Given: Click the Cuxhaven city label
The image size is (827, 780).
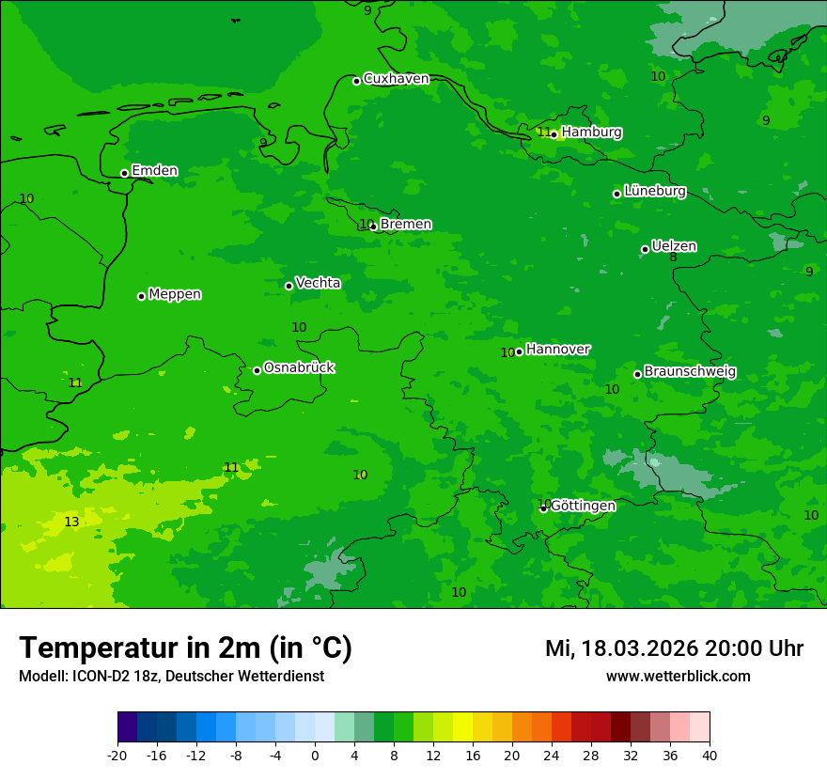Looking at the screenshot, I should [x=396, y=79].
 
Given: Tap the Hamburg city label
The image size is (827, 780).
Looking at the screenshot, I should [x=591, y=133].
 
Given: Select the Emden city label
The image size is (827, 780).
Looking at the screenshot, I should [x=154, y=171].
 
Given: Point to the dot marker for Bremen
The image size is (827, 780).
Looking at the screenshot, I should [x=373, y=226].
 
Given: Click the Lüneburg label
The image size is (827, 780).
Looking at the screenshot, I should [x=654, y=191].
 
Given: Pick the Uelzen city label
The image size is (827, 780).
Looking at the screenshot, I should [x=674, y=246].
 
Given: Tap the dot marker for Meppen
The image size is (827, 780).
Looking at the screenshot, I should [x=141, y=296].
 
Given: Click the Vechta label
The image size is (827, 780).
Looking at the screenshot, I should [x=318, y=283].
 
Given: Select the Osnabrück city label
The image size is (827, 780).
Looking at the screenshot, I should [x=299, y=367].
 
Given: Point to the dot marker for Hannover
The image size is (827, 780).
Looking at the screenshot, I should [x=519, y=352].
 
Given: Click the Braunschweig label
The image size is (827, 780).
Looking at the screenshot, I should [x=690, y=371].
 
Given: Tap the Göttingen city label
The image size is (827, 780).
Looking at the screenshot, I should [x=583, y=506].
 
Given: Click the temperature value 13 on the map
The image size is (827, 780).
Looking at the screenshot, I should [x=71, y=523].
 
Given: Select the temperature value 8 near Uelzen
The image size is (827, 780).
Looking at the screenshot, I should [x=673, y=257].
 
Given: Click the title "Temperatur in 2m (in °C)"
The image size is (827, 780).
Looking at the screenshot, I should [x=185, y=648].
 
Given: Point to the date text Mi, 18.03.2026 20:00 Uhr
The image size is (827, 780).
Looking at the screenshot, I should [x=674, y=648].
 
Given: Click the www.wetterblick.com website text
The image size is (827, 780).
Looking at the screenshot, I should [x=678, y=677].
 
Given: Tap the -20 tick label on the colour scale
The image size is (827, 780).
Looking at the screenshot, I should [x=117, y=756].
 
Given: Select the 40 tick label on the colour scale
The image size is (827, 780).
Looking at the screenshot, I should [x=709, y=756].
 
